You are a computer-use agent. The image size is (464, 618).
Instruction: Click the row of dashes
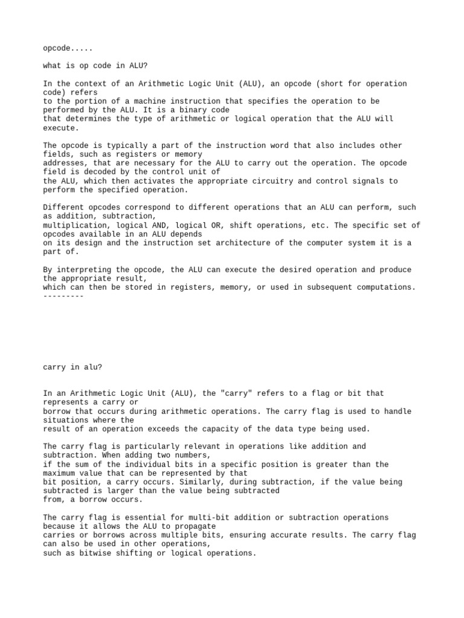coord(63,296)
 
